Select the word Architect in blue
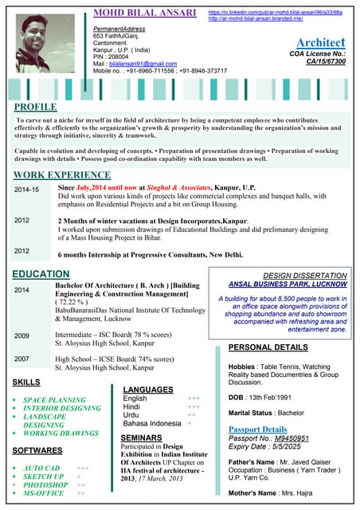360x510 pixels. (320, 42)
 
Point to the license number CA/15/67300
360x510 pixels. (326, 61)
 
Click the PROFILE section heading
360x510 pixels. (35, 107)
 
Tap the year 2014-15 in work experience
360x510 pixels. (26, 190)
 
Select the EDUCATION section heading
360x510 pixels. (41, 274)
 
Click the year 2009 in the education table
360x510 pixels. (22, 335)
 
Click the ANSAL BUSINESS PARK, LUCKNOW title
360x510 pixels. (287, 284)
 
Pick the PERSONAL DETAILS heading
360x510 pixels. (268, 347)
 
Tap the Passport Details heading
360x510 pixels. (257, 430)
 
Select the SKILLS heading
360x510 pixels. (27, 383)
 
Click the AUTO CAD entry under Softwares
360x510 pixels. (41, 468)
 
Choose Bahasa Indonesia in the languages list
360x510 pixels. (152, 424)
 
